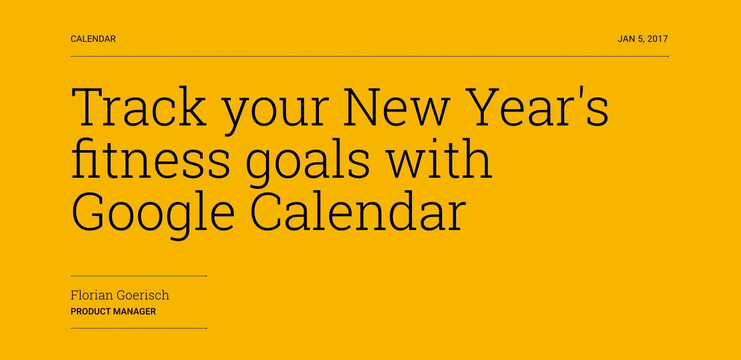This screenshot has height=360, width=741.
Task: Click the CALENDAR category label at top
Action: point(93,39)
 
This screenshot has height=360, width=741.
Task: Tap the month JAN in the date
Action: point(626,39)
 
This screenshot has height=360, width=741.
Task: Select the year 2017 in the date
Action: point(657,39)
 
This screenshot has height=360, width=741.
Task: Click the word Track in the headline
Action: point(139,107)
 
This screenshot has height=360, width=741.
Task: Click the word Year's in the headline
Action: point(537,107)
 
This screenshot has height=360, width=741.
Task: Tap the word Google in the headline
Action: point(153,213)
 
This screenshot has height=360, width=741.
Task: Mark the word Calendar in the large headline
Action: point(358,212)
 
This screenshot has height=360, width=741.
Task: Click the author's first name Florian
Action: point(92,295)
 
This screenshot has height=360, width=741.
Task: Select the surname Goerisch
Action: point(143,295)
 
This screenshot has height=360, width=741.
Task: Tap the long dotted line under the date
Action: point(370,56)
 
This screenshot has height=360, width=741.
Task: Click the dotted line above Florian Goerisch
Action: point(139,276)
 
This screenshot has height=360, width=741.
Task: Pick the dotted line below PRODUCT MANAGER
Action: point(139,328)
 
